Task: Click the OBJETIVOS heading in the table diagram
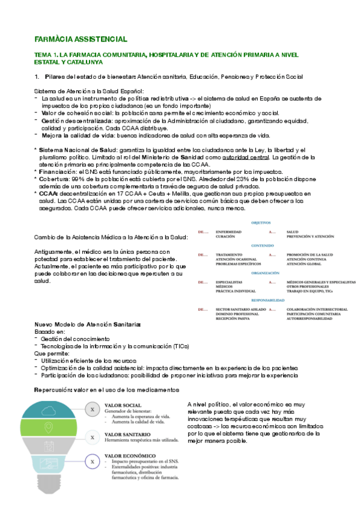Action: click(x=260, y=223)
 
